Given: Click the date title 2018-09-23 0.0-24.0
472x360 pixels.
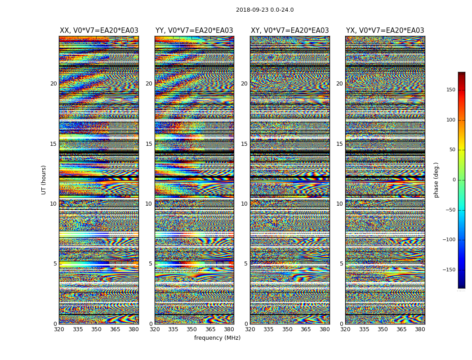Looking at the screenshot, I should pos(265,10).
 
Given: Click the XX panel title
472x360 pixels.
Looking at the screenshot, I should pos(99,31).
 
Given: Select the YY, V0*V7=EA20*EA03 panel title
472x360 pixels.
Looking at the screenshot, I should pos(194,31).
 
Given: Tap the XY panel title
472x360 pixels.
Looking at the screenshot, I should pos(289,31).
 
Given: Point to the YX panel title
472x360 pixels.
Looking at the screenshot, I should pos(385,31).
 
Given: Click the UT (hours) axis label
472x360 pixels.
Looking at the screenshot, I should pos(44,180).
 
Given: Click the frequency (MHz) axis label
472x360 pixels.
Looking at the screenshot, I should pos(217,338).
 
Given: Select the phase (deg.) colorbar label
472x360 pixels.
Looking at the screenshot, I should pos(436,180).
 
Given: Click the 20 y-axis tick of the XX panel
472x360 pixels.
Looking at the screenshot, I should pos(53,84).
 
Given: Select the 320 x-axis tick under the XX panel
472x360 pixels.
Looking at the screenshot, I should pos(59,330).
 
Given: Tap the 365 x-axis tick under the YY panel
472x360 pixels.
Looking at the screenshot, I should pos(210,330).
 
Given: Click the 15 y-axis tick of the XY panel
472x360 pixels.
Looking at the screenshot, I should pos(244,144).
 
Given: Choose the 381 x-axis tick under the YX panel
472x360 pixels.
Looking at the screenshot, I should pos(420,330).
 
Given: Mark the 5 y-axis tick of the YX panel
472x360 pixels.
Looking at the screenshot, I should pos(341,264).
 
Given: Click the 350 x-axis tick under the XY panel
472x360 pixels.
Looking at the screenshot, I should pos(287,330).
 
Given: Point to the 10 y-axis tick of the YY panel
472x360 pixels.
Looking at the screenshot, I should pos(149,204).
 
